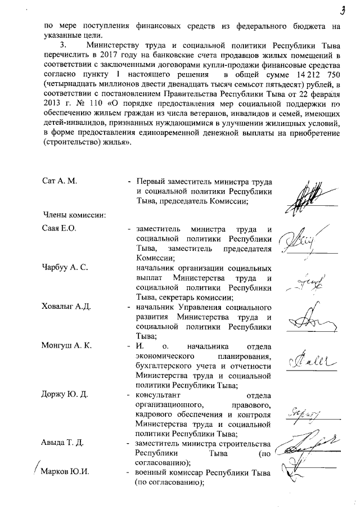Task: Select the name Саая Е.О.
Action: click(x=59, y=230)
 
